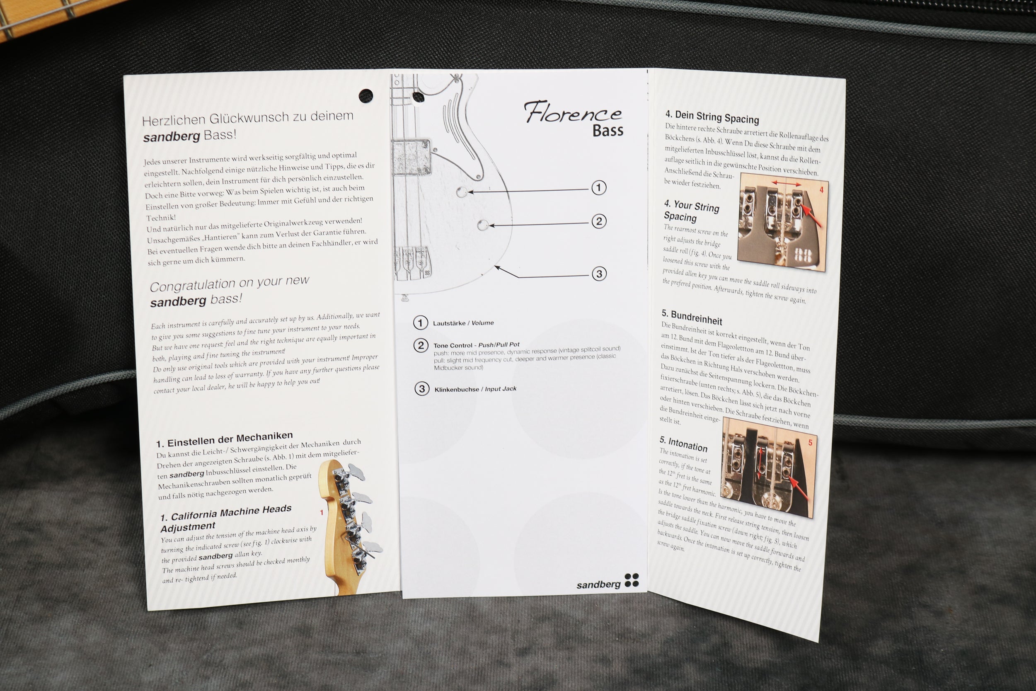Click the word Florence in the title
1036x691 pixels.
point(573,112)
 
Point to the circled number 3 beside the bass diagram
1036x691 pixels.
point(599,274)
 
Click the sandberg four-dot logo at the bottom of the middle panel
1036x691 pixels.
point(632,580)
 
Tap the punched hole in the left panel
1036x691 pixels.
point(366,95)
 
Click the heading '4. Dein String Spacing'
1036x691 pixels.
point(712,117)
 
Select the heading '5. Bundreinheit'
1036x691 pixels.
point(692,317)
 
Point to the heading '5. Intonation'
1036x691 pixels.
point(683,444)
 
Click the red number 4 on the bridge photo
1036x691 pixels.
point(821,190)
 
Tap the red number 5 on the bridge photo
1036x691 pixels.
point(810,442)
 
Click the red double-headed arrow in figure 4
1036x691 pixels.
point(785,182)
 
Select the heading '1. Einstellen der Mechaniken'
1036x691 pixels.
point(224,439)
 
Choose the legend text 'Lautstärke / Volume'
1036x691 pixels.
point(463,323)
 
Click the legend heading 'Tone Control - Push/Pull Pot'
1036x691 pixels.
point(476,345)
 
